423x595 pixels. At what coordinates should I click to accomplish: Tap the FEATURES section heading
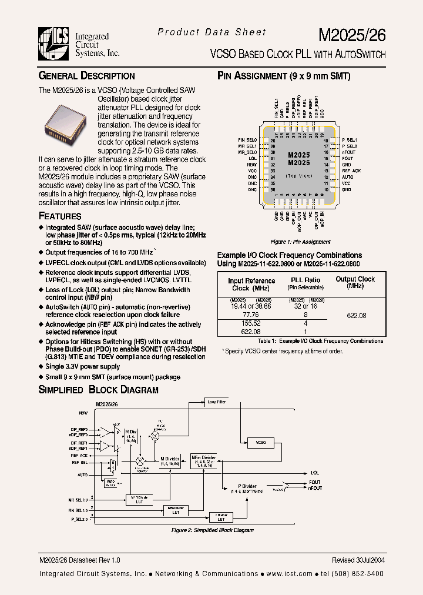60,216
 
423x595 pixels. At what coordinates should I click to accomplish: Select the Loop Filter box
217,402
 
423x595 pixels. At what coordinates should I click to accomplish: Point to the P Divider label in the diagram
247,486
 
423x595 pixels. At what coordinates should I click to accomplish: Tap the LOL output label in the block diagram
315,472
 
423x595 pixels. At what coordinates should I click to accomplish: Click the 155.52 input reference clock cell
251,323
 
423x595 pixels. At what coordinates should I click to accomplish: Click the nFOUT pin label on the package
348,152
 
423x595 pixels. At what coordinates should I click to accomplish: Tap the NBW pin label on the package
253,165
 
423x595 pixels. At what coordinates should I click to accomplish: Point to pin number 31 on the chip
273,159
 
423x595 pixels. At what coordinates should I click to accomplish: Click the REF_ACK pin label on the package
351,171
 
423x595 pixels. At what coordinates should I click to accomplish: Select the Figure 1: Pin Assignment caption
300,242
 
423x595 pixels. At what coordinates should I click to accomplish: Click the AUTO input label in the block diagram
82,474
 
